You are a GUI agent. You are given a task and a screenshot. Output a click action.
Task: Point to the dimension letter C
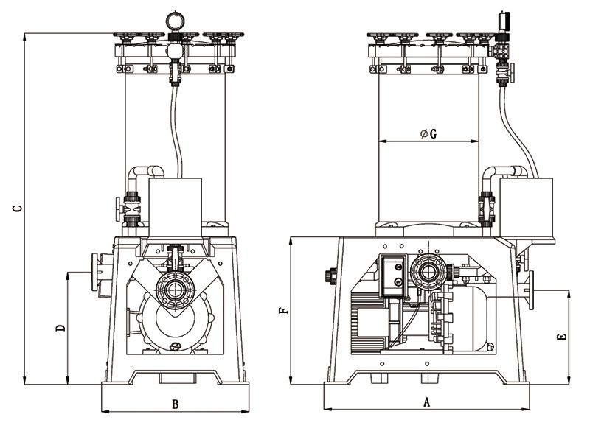click(x=16, y=209)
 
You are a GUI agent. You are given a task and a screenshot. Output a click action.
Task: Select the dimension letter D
click(x=61, y=326)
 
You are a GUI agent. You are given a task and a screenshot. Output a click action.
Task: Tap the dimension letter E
click(x=562, y=337)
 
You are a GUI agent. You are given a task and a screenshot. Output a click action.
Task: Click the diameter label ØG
click(x=428, y=133)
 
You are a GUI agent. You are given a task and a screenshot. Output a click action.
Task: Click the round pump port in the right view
click(x=427, y=273)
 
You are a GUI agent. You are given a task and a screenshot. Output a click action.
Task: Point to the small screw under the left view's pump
click(x=175, y=347)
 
